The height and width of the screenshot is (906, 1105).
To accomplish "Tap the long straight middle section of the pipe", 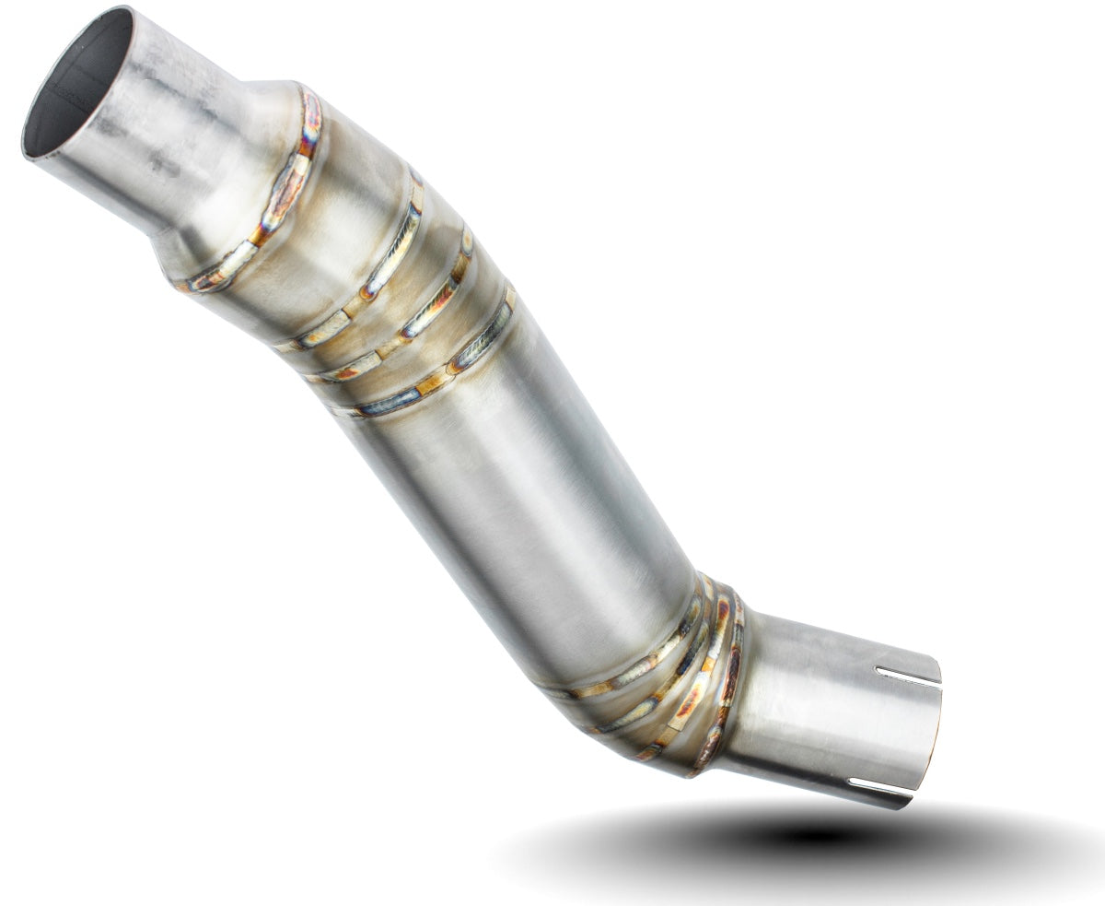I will (x=516, y=488).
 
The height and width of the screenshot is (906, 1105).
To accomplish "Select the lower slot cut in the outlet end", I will (x=879, y=787).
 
